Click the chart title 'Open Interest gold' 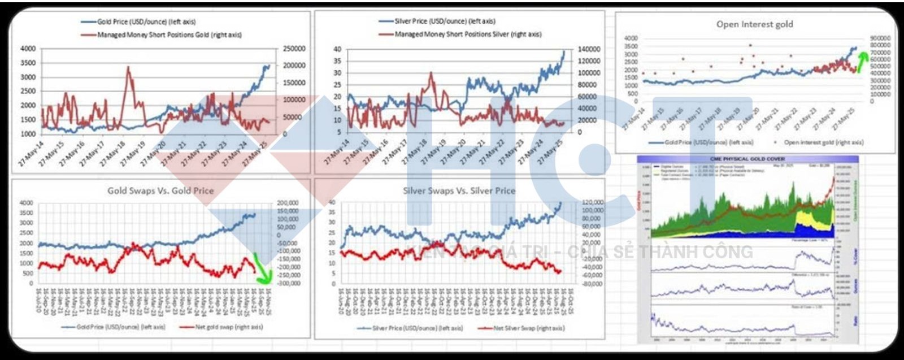pos(754,24)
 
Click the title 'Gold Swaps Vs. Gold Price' pos(160,190)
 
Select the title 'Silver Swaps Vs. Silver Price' pos(459,190)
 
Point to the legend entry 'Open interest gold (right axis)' pos(823,142)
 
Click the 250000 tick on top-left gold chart pos(294,49)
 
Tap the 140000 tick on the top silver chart pos(588,49)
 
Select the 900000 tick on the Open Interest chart pos(880,38)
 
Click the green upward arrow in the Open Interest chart pos(862,61)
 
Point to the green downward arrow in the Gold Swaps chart pos(262,267)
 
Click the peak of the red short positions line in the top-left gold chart pos(128,67)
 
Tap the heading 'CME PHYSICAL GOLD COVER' pos(748,159)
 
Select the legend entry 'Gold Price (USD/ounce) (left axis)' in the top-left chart pos(146,22)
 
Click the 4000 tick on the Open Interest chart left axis pos(630,38)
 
